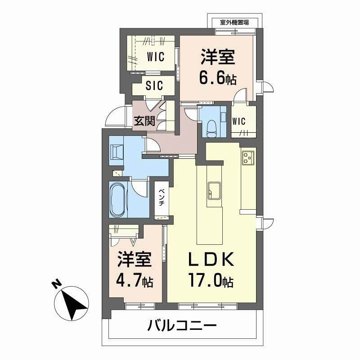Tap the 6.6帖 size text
tap(218, 79)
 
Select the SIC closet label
tap(154, 85)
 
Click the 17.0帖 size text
tap(210, 282)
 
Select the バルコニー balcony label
tap(182, 325)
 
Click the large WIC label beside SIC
tap(154, 57)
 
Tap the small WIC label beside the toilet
tap(238, 121)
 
